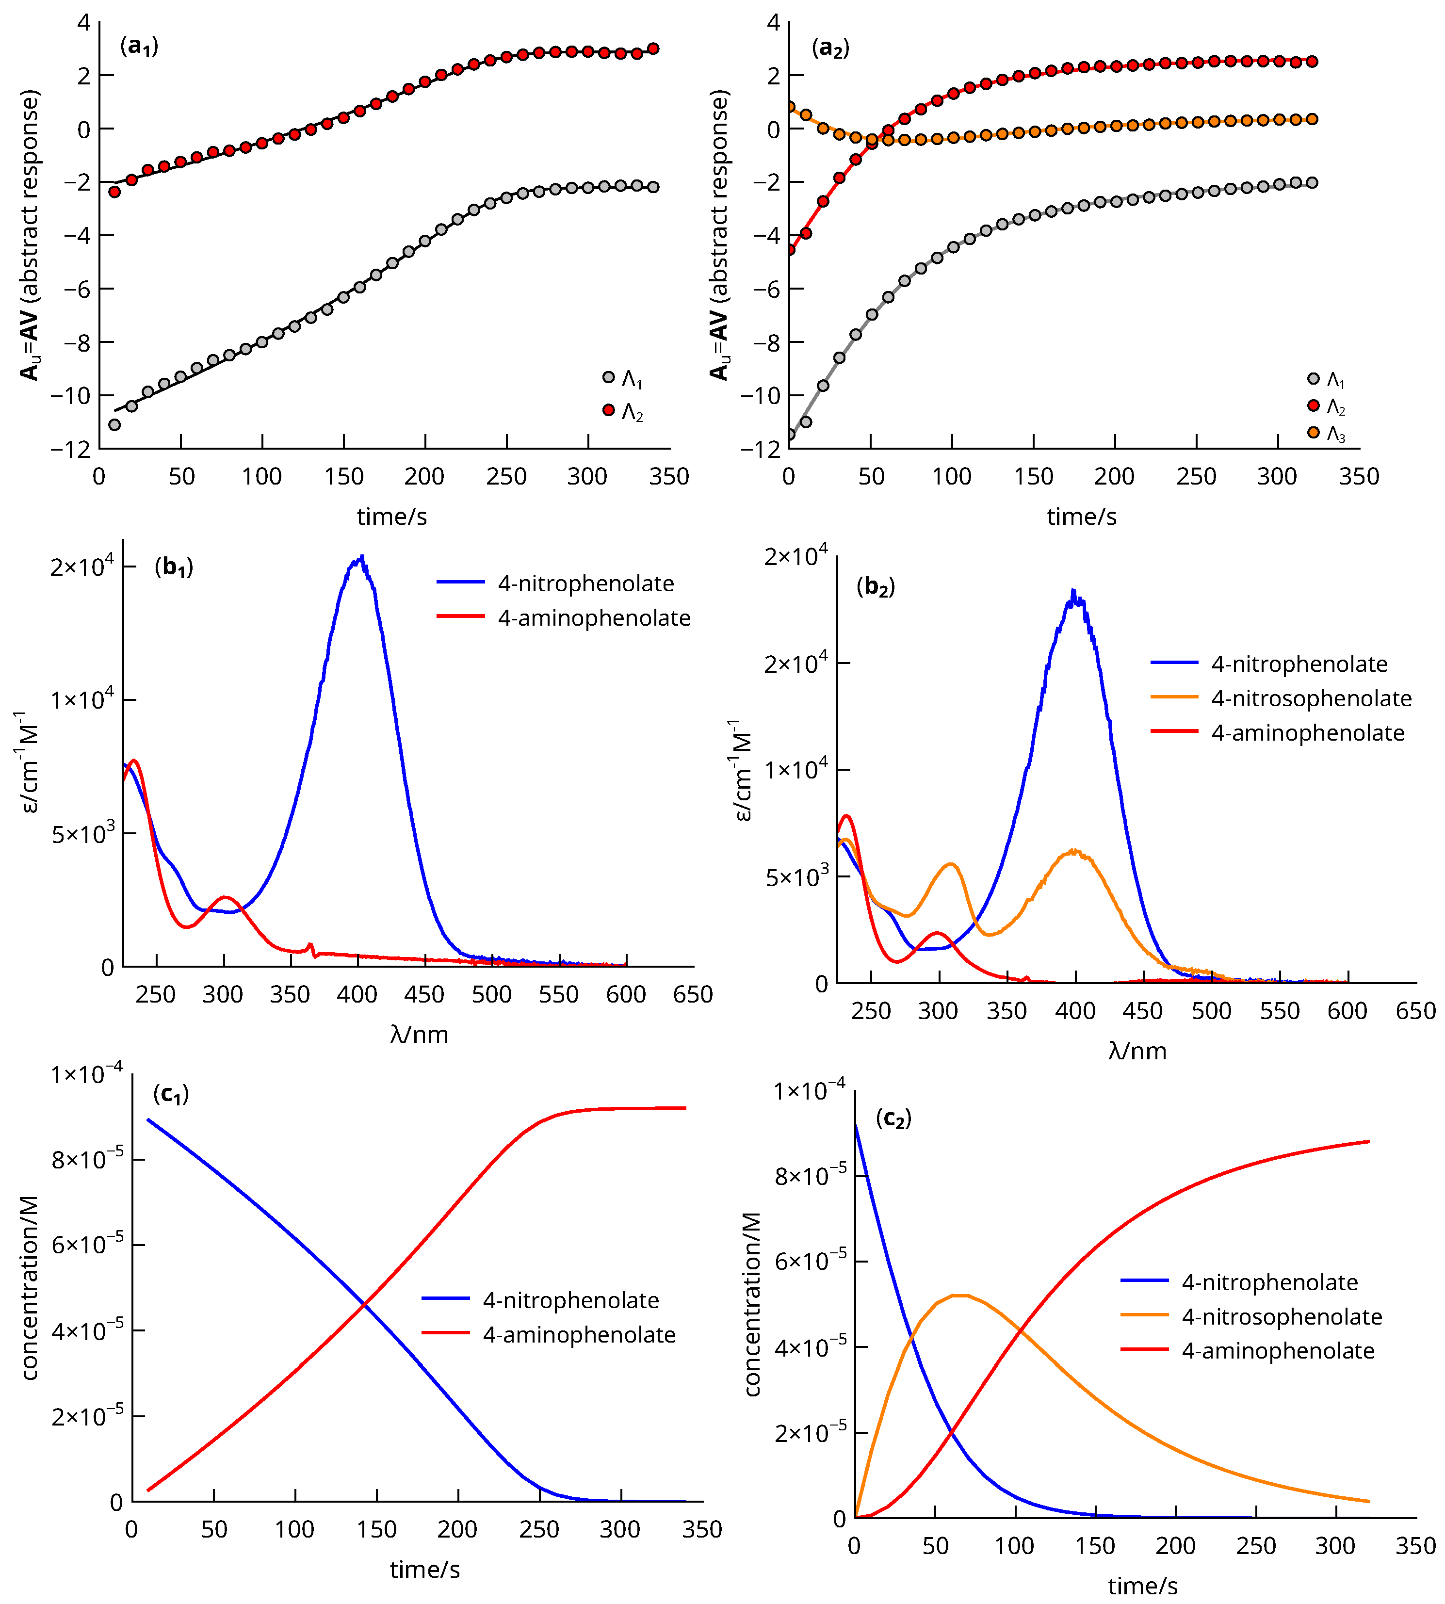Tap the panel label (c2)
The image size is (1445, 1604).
[893, 1119]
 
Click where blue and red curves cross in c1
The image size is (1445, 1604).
[364, 1303]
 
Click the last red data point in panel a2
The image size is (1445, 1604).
[1312, 61]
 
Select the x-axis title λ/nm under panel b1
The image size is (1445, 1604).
[419, 1035]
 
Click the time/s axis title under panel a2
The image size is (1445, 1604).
[1081, 517]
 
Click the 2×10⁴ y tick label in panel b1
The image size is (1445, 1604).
[82, 566]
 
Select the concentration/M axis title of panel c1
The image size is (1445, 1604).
[30, 1288]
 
